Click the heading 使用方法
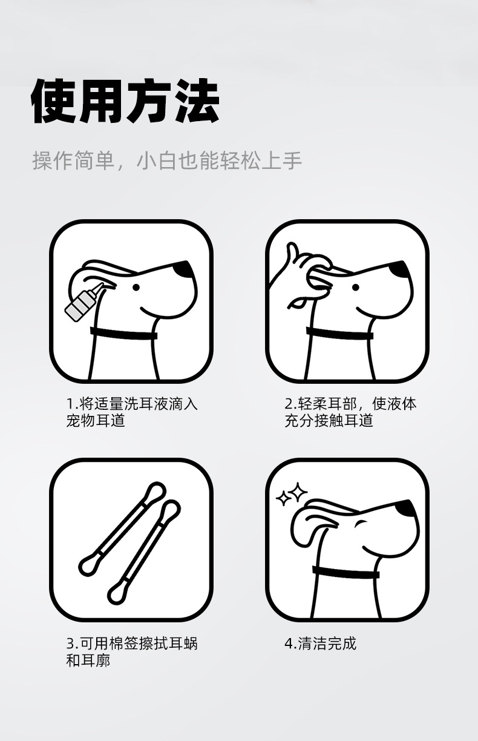click(125, 101)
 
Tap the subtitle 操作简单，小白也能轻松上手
click(167, 161)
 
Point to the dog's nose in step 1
click(184, 269)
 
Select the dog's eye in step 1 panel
click(136, 288)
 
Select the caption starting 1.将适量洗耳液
click(132, 412)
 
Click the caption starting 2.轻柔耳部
click(350, 412)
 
